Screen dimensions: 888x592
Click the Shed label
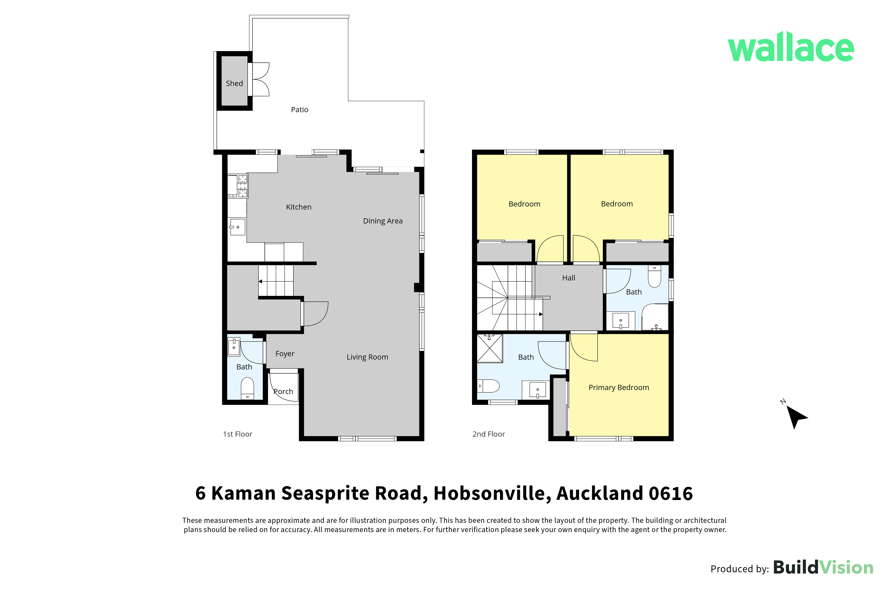coord(234,84)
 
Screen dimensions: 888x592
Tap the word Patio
coord(300,110)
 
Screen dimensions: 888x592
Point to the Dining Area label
coord(383,221)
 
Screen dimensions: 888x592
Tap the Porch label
coord(283,392)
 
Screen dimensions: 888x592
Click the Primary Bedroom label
coord(619,387)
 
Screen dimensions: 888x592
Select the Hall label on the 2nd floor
coord(569,278)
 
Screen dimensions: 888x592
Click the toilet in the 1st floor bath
coord(247,388)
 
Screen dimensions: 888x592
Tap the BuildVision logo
coord(823,567)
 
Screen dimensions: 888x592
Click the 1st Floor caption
coord(238,434)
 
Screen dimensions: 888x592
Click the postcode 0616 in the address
coord(671,494)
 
